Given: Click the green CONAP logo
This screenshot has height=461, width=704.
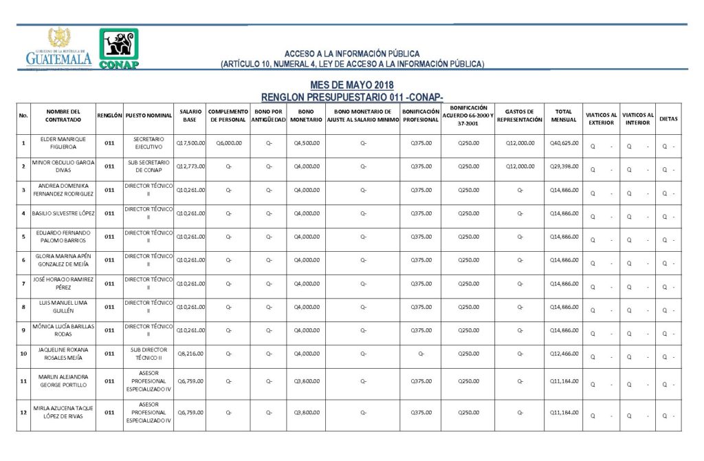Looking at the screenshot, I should coord(119,48).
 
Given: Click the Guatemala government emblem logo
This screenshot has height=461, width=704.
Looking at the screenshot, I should coord(58,48).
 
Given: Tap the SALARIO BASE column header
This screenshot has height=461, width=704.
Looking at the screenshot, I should coord(190,115).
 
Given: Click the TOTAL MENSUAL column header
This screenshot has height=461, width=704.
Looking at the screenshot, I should coord(564,115).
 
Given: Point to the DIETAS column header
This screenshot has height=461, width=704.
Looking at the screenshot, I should coord(668,118).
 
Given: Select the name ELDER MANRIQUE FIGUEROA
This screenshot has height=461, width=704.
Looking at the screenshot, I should coord(63,143).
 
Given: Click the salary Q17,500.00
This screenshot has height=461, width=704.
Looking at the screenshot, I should coord(190,143).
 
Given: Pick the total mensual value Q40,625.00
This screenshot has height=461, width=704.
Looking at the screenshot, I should coord(564,143).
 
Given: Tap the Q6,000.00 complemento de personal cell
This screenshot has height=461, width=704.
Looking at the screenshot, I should coord(228,143).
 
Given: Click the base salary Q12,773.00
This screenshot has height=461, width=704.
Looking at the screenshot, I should coord(190,167).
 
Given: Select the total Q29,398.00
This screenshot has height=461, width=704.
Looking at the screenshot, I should coord(564,167).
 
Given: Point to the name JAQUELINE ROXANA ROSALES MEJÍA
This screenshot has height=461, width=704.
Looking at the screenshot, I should coord(63,354).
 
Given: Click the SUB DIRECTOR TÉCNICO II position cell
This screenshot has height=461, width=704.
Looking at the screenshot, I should coord(148,354).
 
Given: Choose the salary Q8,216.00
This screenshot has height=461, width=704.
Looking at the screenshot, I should coord(190,354).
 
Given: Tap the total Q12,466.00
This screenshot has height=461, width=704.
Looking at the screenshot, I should coord(564,354).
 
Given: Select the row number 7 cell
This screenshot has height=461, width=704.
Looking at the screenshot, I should coord(24,283).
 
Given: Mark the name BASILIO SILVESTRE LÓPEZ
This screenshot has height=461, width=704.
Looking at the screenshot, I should coord(63,213).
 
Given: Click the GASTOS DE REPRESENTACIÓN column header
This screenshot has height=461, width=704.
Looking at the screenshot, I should coord(520,115).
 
